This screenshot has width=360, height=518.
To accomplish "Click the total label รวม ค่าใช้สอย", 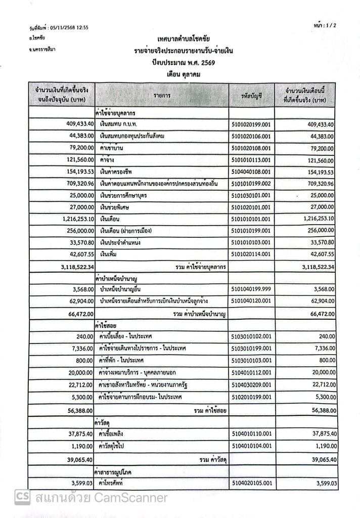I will (x=212, y=410).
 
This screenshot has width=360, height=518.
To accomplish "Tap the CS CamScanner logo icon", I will (x=22, y=497).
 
